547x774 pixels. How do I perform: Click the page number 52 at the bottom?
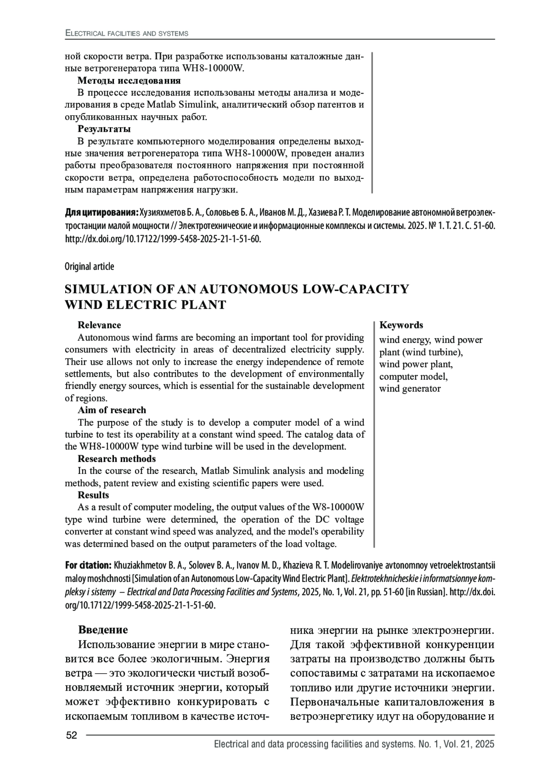[x=72, y=735]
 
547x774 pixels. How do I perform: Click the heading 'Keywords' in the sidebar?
[x=401, y=325]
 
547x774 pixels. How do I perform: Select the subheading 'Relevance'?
[x=99, y=325]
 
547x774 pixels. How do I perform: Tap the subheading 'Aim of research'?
[x=112, y=410]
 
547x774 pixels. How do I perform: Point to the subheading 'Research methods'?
[x=117, y=458]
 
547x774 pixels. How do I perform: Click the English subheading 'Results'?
[x=93, y=495]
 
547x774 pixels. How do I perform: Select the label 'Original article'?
[x=89, y=266]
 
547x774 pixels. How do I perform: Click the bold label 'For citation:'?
[x=88, y=566]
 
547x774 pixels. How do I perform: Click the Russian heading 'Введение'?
[x=103, y=630]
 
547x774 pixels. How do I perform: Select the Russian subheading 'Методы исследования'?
[x=129, y=81]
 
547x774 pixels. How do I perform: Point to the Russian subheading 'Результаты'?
[x=104, y=129]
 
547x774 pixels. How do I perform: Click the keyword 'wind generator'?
[x=410, y=389]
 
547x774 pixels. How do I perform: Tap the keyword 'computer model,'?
[x=413, y=376]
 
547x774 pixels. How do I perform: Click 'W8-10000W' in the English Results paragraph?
[x=338, y=507]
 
